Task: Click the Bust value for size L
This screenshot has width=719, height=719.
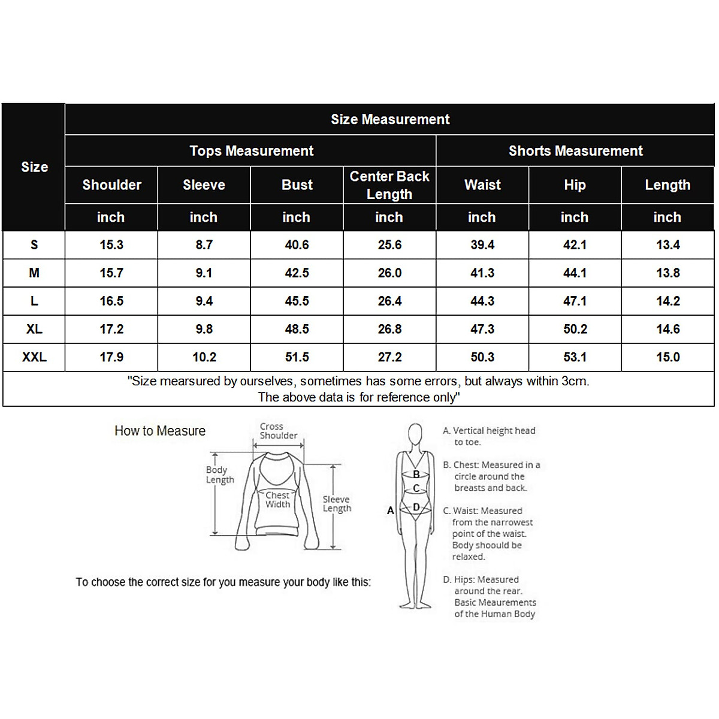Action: [297, 301]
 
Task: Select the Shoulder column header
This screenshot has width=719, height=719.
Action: [111, 185]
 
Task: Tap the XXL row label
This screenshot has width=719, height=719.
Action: [34, 358]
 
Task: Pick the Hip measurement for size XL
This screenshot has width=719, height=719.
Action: [575, 330]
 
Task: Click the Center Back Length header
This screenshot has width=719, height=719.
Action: [389, 185]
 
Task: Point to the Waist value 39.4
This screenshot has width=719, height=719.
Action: [482, 245]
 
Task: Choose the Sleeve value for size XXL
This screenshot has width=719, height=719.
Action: [204, 358]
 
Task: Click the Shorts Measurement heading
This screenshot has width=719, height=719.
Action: [575, 151]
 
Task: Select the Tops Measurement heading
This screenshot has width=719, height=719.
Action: [251, 151]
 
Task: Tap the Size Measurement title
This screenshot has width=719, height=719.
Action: [390, 119]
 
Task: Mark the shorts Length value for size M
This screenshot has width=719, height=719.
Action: [667, 273]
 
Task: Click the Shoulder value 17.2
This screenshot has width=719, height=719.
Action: [111, 330]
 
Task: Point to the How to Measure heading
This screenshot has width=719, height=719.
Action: [160, 431]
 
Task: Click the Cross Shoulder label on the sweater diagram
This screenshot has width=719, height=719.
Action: [278, 431]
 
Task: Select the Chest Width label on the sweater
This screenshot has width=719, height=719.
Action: [277, 500]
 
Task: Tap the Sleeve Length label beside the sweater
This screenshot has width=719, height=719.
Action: [337, 504]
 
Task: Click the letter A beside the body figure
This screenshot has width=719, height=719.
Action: [391, 510]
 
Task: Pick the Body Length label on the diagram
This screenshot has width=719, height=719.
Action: [219, 475]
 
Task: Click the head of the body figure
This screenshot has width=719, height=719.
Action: [415, 433]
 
